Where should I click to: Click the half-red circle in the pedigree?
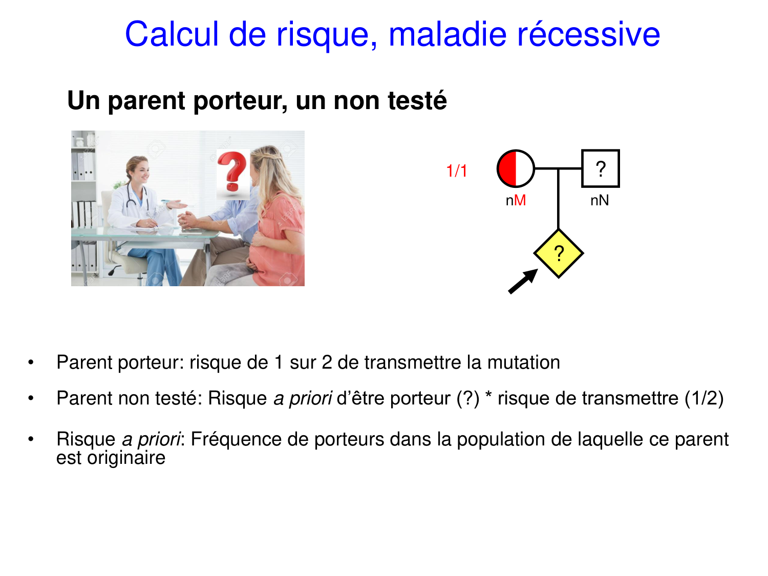coord(516,168)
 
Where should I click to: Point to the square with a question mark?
coord(600,168)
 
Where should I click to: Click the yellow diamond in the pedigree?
coord(559,253)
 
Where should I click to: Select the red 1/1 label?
coord(456,171)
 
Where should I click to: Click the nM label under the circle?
coord(516,200)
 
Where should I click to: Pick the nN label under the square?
coord(600,200)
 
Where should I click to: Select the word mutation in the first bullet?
coord(523,362)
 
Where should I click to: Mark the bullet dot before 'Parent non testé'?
coord(31,398)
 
